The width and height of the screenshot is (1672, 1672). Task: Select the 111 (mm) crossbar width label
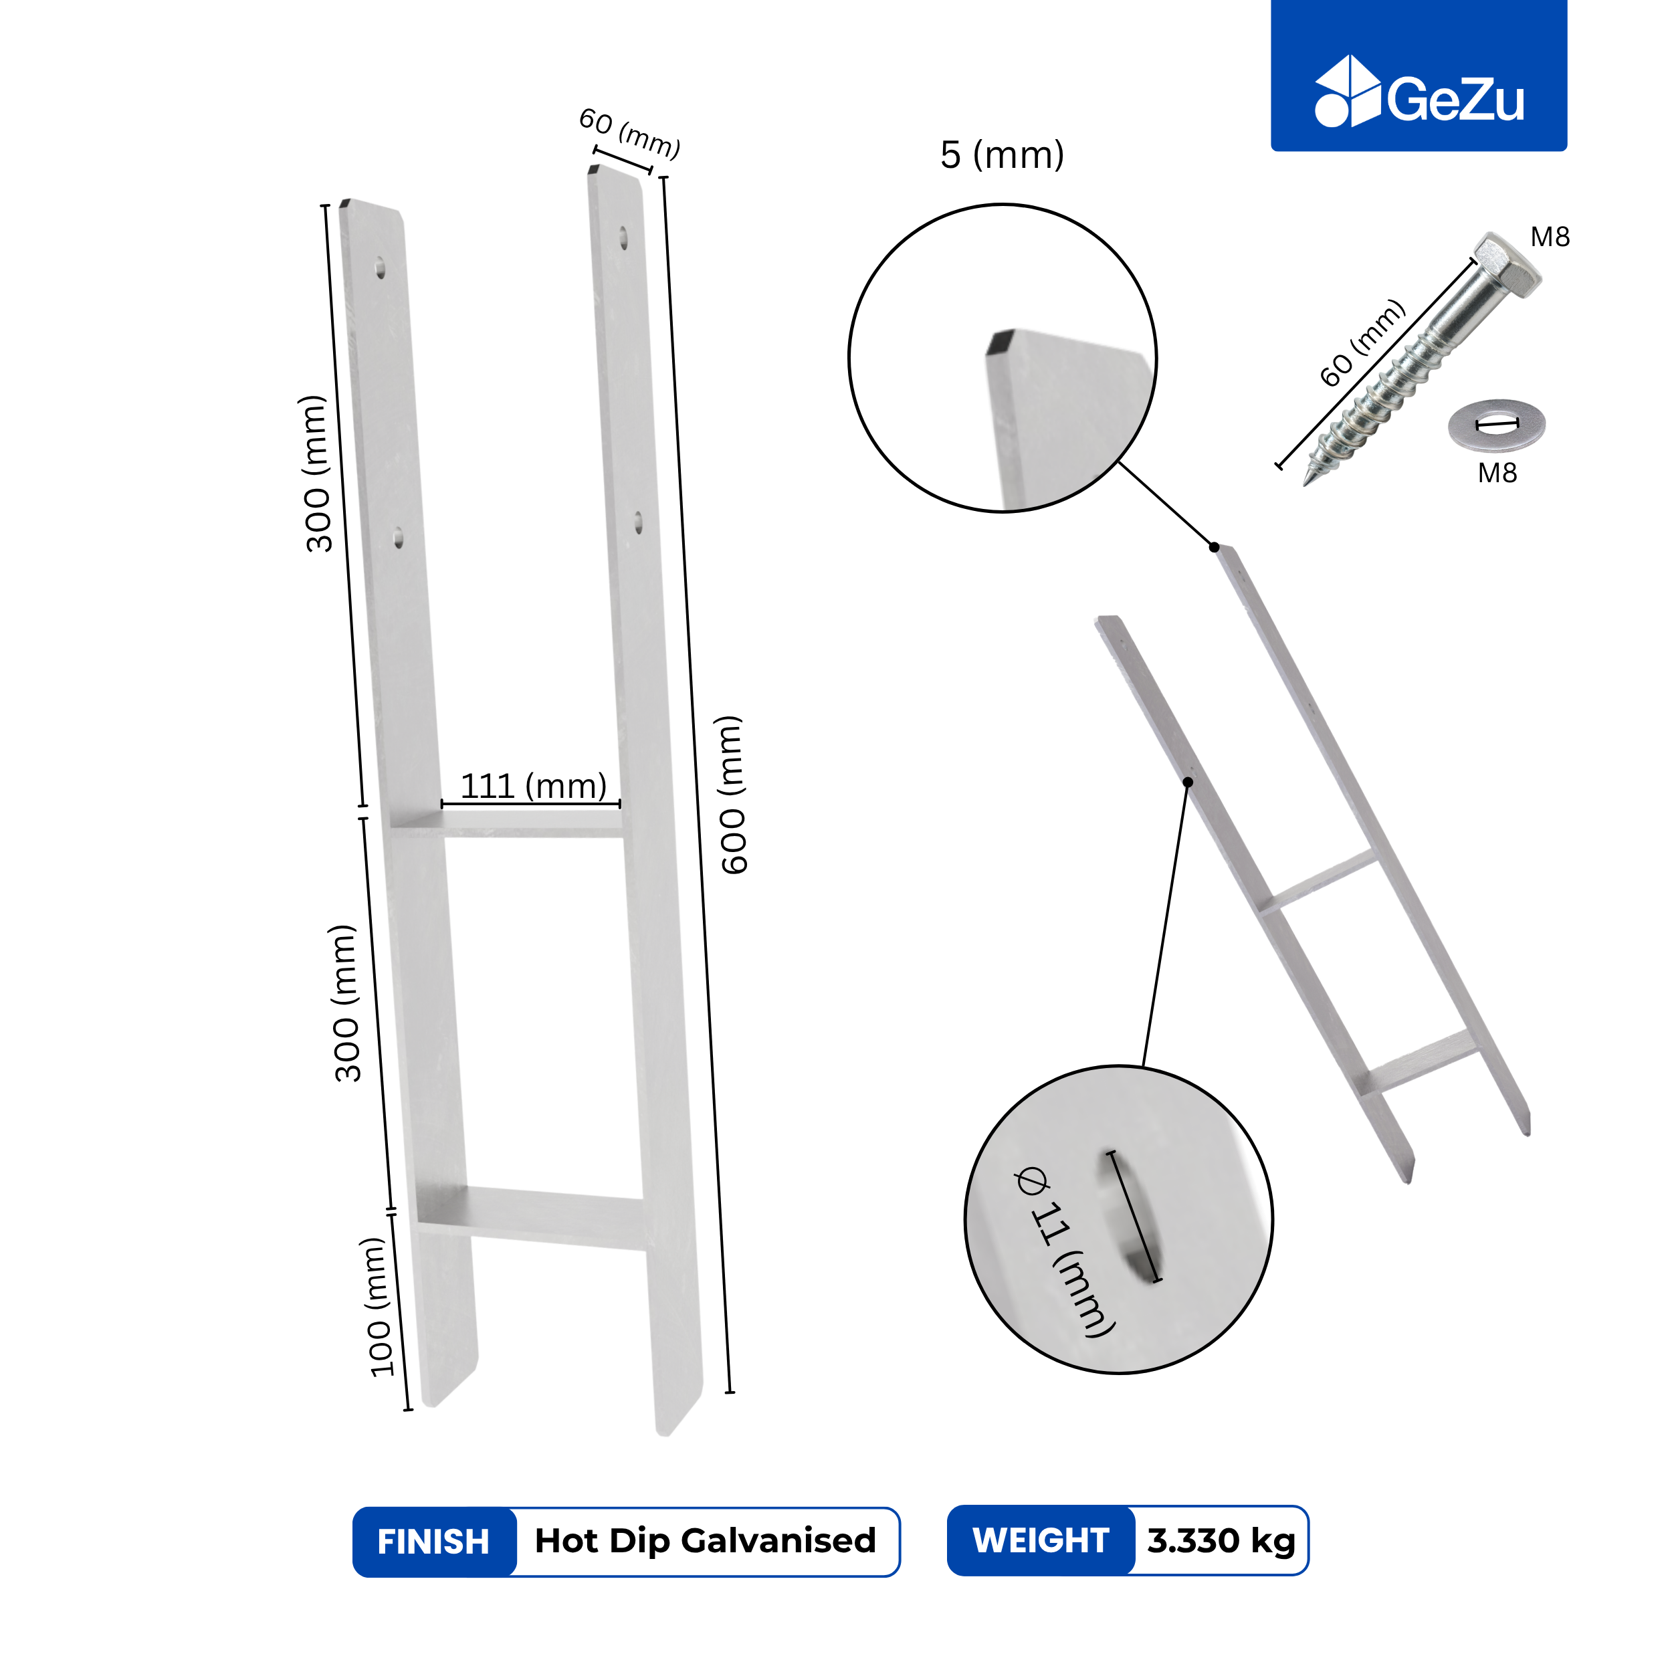[x=533, y=786]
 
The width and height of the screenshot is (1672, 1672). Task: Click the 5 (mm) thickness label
[x=1001, y=155]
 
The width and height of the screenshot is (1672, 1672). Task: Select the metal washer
[x=1496, y=424]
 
